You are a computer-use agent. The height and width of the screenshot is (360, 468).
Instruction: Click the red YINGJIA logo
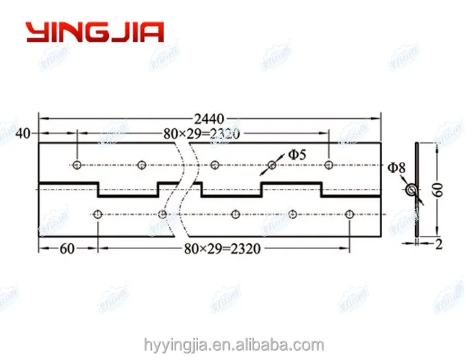point(94,32)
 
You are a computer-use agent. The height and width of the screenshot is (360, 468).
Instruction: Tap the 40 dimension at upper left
point(23,133)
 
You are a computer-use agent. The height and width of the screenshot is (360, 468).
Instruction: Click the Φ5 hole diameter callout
point(296,155)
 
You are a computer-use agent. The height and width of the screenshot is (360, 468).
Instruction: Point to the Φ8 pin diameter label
point(397,168)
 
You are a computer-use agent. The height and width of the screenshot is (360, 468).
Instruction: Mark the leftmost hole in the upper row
point(77,164)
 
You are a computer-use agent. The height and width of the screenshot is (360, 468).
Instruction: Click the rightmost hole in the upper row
point(329,164)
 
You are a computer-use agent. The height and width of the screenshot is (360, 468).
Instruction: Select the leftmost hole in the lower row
point(98,214)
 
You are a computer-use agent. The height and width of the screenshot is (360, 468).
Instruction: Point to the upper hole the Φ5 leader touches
point(271,164)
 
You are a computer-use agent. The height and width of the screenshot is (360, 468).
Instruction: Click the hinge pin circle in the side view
point(412,190)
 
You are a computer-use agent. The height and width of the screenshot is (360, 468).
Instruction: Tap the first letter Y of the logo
point(36,32)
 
